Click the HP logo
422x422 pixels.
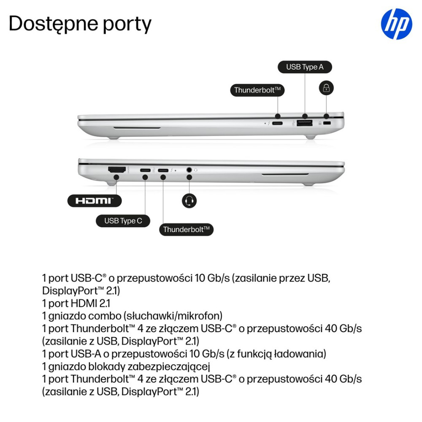(396, 25)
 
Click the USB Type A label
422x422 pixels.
(304, 67)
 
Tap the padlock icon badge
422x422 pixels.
(326, 88)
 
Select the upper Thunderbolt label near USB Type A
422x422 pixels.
(257, 90)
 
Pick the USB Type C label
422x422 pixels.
(123, 221)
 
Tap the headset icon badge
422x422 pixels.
(189, 200)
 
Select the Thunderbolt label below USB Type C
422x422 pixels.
(186, 230)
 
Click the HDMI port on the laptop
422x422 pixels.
(117, 170)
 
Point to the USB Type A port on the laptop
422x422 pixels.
(305, 123)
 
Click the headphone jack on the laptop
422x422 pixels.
(189, 170)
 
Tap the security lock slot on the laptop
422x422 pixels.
(326, 123)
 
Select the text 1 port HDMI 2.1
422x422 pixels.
(76, 303)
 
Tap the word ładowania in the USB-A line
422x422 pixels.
(297, 353)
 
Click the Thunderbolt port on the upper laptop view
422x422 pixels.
(278, 123)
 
